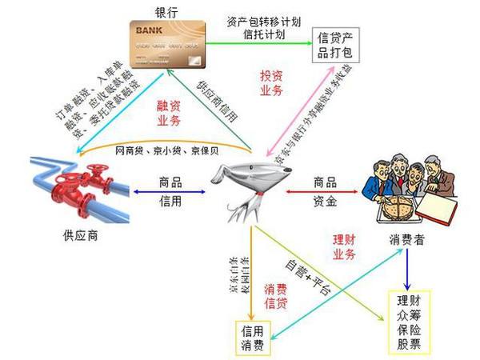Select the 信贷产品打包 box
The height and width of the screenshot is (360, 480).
point(339,46)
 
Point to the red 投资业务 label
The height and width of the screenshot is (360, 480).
point(272,82)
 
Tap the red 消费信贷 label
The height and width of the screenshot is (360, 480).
point(276,298)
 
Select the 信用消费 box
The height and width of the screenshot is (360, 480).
point(249,335)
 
